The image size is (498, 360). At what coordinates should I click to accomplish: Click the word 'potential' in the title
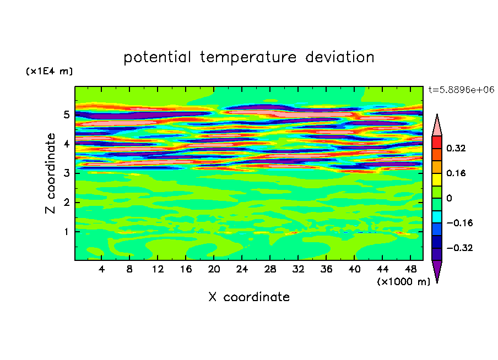click(158, 58)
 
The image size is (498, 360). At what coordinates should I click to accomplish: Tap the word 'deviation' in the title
click(340, 57)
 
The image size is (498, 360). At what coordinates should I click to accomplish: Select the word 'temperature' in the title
click(248, 58)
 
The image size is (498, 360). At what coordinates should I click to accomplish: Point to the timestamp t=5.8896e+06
click(461, 90)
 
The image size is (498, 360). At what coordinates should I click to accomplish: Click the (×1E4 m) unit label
click(49, 71)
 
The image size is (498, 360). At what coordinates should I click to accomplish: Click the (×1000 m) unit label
click(403, 282)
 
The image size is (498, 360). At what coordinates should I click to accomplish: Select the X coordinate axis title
click(249, 297)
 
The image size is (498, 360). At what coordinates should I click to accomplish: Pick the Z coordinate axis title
click(50, 173)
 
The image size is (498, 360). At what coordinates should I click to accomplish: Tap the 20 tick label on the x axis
click(214, 269)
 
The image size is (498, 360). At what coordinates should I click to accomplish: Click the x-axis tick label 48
click(410, 269)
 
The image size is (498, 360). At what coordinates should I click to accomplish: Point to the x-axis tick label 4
click(101, 269)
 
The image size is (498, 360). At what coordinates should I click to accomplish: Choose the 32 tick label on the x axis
click(298, 269)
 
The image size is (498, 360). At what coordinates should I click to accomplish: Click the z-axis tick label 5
click(66, 114)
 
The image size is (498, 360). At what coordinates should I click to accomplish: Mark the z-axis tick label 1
click(66, 232)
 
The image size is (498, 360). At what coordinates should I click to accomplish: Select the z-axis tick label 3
click(66, 173)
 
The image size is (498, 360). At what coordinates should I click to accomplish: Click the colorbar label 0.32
click(456, 148)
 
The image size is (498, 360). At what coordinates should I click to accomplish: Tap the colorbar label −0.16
click(459, 223)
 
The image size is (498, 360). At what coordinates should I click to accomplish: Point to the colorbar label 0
click(449, 198)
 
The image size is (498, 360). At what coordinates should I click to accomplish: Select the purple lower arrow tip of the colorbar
click(437, 282)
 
